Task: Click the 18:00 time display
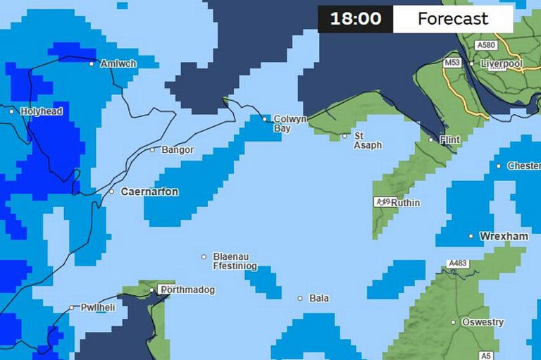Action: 355,19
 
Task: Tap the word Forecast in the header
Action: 452,19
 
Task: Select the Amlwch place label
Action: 118,63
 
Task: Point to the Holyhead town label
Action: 42,111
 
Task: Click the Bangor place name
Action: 177,149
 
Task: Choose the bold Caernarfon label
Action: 149,192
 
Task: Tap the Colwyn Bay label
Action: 290,124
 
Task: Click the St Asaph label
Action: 367,140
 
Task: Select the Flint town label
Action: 449,140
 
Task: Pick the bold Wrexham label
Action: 504,237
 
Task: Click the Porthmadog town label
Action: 187,290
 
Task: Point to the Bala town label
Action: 319,299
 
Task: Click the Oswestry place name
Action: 483,323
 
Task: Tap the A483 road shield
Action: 458,263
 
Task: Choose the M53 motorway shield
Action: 452,63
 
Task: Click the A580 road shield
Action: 485,45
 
